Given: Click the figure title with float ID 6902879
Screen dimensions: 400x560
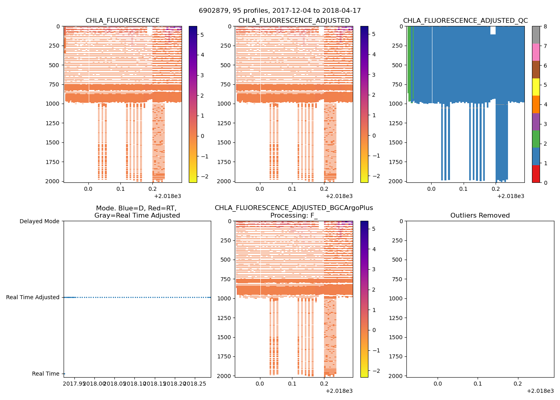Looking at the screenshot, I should point(280,11).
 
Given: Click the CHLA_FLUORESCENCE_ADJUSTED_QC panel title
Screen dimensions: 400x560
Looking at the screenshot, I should point(465,21).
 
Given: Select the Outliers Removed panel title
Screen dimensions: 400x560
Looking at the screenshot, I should point(480,216).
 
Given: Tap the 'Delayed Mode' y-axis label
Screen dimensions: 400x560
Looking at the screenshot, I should point(39,221).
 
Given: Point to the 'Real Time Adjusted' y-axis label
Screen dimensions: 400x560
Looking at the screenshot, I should point(33,297).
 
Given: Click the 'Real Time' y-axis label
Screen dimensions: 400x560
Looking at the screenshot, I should point(46,374).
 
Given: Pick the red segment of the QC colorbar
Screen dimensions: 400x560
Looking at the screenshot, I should point(536,174).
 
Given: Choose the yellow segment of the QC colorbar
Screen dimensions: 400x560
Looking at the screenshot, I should point(536,87).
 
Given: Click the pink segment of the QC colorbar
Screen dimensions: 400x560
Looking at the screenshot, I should point(536,52).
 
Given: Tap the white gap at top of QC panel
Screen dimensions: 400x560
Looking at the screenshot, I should point(493,30).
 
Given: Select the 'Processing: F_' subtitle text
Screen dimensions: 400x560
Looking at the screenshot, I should point(294,216).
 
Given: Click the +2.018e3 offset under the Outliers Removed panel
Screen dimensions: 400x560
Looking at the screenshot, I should point(540,391).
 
